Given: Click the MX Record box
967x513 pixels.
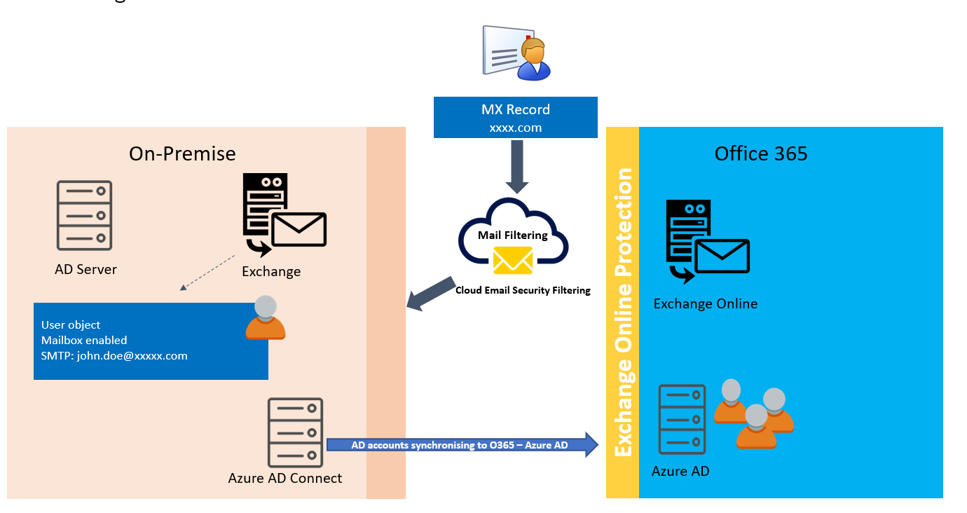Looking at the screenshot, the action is tap(516, 118).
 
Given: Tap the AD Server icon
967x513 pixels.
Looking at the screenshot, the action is tap(85, 215).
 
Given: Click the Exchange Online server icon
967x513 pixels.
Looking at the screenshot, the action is tap(708, 241).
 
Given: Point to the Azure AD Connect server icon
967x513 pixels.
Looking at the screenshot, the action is tap(295, 432).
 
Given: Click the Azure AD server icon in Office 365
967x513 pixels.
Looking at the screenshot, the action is tap(682, 419).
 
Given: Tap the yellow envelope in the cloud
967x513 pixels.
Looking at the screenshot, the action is tap(513, 261).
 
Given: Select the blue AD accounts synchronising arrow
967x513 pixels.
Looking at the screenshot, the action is tap(462, 445).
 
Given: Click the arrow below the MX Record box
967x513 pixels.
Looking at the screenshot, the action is tap(516, 167).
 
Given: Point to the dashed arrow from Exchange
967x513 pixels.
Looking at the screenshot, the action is tap(207, 273).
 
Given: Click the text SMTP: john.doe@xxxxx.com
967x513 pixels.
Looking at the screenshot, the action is tap(114, 356).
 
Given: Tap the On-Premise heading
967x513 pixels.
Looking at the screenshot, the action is tap(182, 153).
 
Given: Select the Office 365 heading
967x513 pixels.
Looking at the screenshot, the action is tap(761, 153).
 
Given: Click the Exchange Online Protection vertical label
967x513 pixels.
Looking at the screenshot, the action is tap(623, 312).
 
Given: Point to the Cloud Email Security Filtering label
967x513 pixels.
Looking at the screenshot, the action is tap(523, 290).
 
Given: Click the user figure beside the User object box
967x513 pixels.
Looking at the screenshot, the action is tap(266, 317).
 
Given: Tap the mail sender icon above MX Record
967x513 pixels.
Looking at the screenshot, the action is tap(516, 53).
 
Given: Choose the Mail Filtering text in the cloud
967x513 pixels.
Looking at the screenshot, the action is tap(512, 235).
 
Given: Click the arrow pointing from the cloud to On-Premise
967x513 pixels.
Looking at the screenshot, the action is tap(431, 294).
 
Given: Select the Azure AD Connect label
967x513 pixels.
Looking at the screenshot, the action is tap(285, 479).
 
